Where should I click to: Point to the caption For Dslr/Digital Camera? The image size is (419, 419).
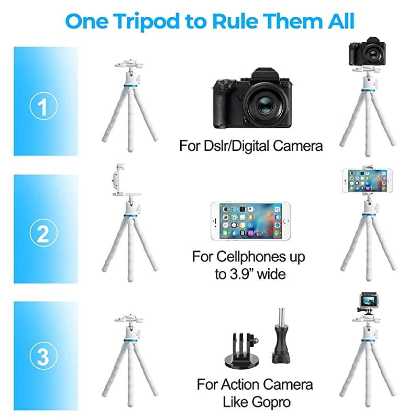(x=251, y=145)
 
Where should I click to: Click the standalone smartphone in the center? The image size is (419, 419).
(x=246, y=222)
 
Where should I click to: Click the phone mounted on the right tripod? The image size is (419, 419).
(x=367, y=181)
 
